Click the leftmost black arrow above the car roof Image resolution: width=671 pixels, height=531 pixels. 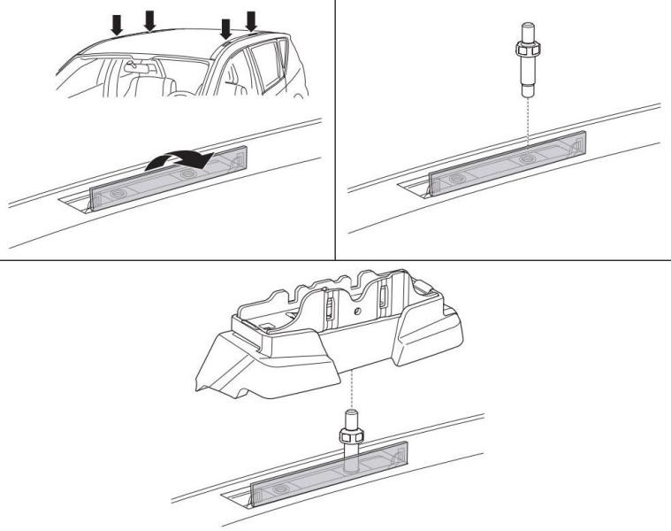coord(116,26)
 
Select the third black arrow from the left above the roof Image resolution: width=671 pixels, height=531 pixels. coord(226,27)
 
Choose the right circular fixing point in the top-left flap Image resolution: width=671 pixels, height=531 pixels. coord(187,176)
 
